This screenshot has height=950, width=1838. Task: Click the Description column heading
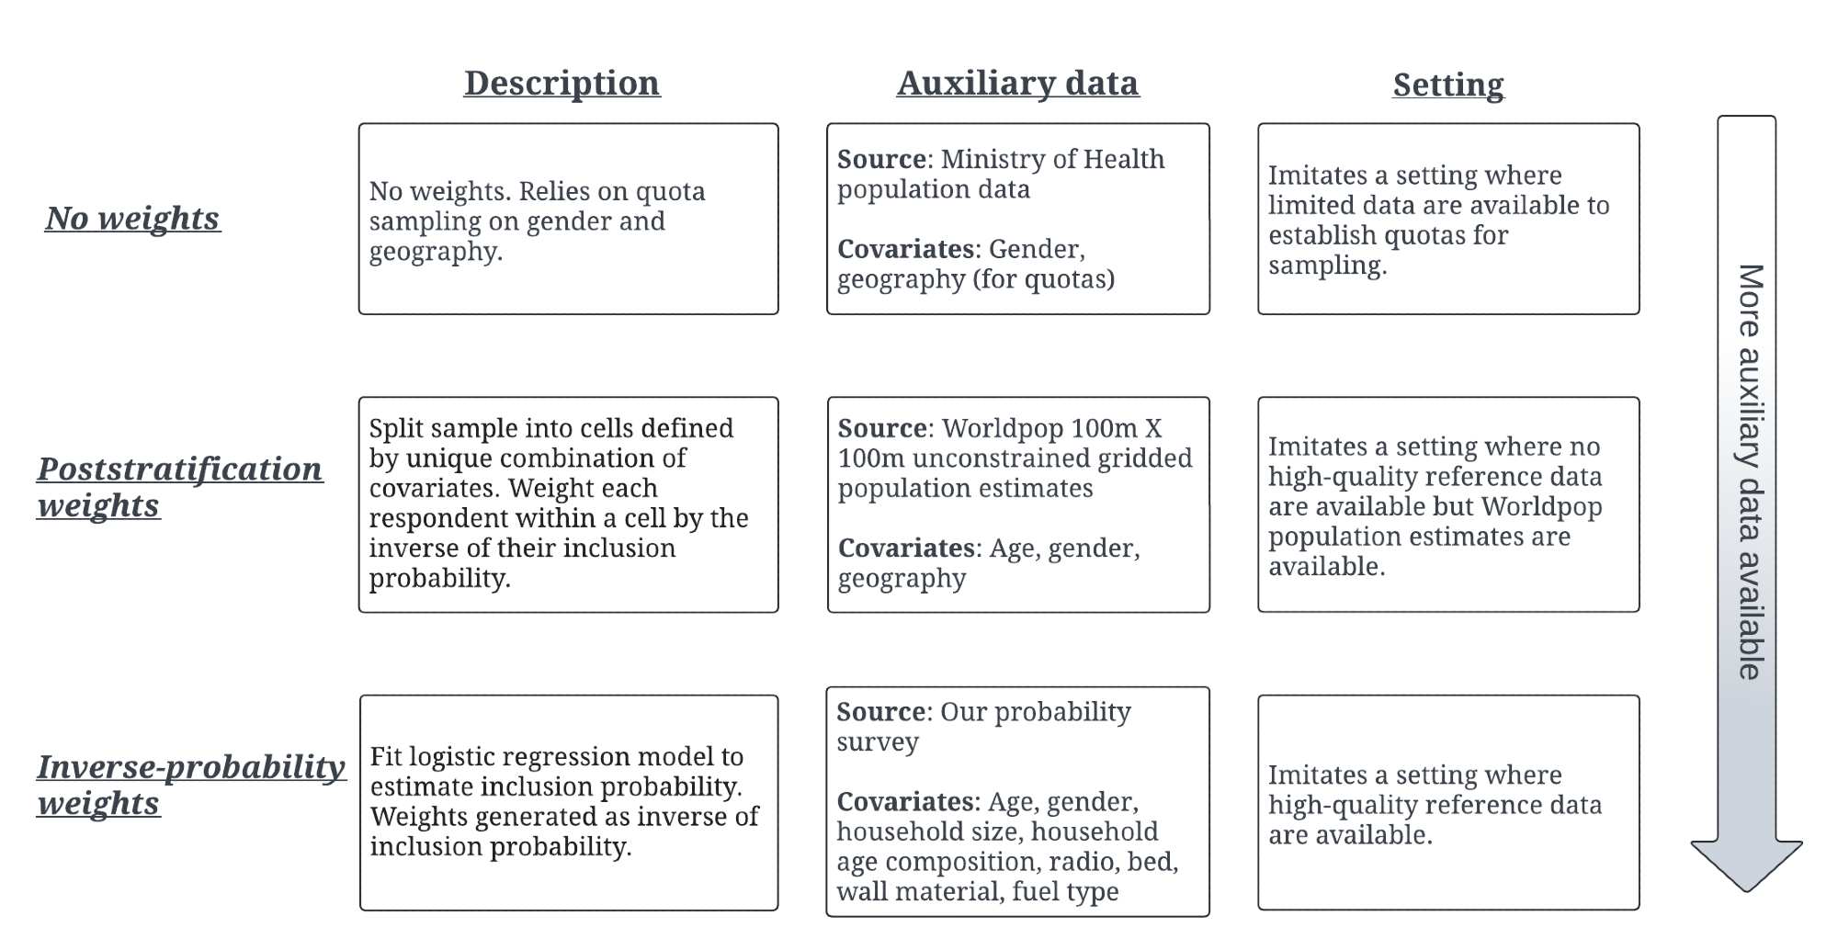click(562, 83)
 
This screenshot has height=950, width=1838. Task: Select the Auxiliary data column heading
click(1017, 83)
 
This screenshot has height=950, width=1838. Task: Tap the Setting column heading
click(1447, 85)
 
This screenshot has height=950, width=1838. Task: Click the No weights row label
click(132, 218)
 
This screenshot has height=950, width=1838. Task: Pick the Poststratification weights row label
click(179, 486)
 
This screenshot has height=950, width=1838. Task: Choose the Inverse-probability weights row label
click(190, 784)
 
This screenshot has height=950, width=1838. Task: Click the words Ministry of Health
click(1051, 159)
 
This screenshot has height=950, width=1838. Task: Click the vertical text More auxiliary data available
click(1749, 471)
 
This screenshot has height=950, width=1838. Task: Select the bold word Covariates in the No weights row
click(905, 249)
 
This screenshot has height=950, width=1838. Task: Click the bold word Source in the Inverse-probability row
click(880, 712)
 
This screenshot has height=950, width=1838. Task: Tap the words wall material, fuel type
click(977, 891)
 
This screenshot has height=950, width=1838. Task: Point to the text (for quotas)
click(1044, 278)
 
